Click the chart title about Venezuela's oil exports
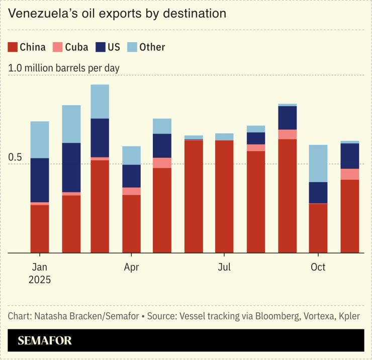(x=117, y=14)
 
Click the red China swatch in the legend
(x=13, y=47)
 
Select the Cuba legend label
(x=76, y=47)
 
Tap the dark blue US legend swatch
(x=100, y=47)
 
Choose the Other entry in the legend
(x=152, y=47)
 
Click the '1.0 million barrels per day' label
(x=64, y=68)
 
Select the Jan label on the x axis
(x=40, y=267)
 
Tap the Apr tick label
(x=132, y=267)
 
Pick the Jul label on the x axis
(x=224, y=267)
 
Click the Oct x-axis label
(x=318, y=267)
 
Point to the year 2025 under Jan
(x=40, y=280)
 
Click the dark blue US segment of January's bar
(x=40, y=180)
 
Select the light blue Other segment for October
(x=318, y=163)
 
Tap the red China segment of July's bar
(x=224, y=196)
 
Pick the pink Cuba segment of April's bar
(x=132, y=191)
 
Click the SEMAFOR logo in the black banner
(x=45, y=340)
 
